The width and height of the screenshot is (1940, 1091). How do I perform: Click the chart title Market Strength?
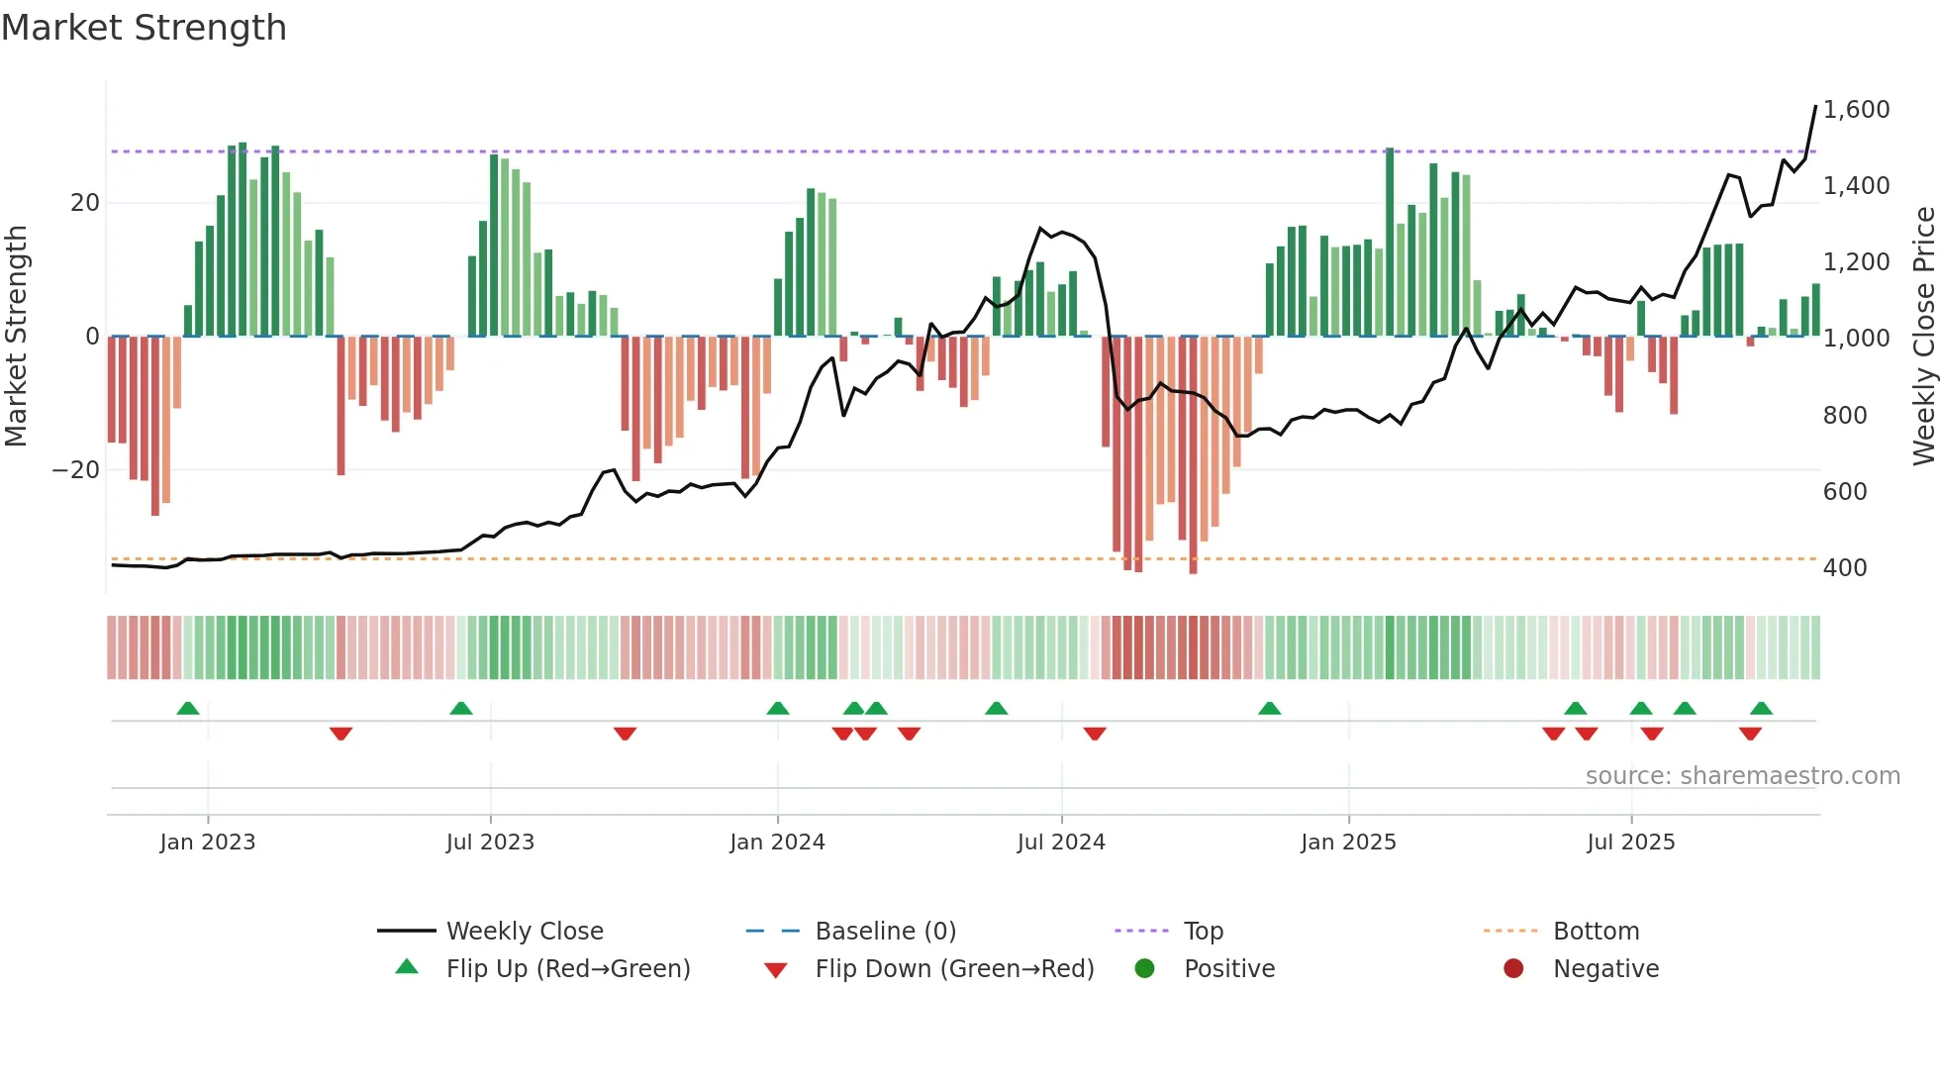144,28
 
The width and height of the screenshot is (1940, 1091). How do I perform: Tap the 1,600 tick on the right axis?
1856,110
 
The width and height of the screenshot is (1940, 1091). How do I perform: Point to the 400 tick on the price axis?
1844,568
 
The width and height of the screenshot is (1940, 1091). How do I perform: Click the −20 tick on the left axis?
76,470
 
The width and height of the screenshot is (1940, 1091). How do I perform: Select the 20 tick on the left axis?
85,203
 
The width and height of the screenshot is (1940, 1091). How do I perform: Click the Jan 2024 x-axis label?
777,843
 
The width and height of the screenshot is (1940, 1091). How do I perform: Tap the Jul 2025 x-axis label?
1630,843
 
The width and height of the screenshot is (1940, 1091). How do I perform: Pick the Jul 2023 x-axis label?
490,843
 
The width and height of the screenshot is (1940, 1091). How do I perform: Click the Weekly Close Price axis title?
1923,337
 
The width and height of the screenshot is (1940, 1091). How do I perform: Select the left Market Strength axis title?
16,337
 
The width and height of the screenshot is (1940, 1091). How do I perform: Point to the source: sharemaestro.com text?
1742,776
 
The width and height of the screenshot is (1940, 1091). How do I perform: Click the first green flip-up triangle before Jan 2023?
188,708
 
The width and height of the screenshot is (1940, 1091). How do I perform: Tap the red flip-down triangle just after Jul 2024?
1094,734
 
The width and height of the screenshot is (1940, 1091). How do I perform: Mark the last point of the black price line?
1815,106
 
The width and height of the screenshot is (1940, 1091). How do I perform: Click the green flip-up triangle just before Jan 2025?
1269,708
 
